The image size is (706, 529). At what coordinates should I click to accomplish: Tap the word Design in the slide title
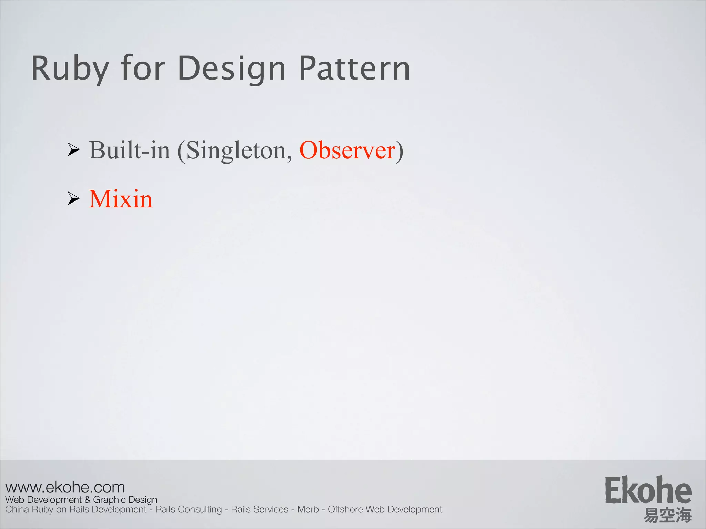232,69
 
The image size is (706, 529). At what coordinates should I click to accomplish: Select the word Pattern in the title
354,69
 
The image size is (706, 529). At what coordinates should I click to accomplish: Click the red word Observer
347,150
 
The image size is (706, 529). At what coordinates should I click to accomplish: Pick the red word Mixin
121,199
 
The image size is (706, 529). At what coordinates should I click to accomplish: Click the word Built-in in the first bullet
130,150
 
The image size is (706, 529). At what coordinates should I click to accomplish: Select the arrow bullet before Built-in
73,150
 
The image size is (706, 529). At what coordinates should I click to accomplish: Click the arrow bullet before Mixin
73,199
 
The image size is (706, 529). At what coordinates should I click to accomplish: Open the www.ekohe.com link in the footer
65,487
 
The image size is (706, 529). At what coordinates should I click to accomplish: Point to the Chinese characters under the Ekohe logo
667,515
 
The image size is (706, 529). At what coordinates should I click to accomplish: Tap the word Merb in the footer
308,509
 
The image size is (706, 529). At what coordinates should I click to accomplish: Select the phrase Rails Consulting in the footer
189,509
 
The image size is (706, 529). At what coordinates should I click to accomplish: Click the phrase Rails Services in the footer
260,509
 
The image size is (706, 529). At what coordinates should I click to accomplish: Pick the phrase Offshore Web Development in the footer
385,509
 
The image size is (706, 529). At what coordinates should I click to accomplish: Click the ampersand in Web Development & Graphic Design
87,500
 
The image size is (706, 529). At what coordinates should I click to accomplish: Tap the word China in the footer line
17,509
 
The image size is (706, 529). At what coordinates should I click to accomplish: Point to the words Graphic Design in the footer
125,500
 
